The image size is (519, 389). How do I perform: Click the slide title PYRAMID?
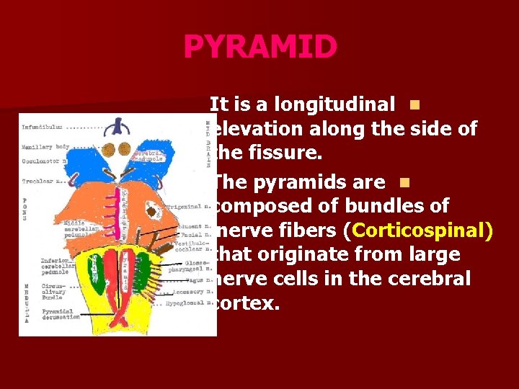pos(259,48)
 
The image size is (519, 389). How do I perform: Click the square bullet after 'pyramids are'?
pos(402,182)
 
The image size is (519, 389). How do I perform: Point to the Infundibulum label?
pos(43,128)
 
